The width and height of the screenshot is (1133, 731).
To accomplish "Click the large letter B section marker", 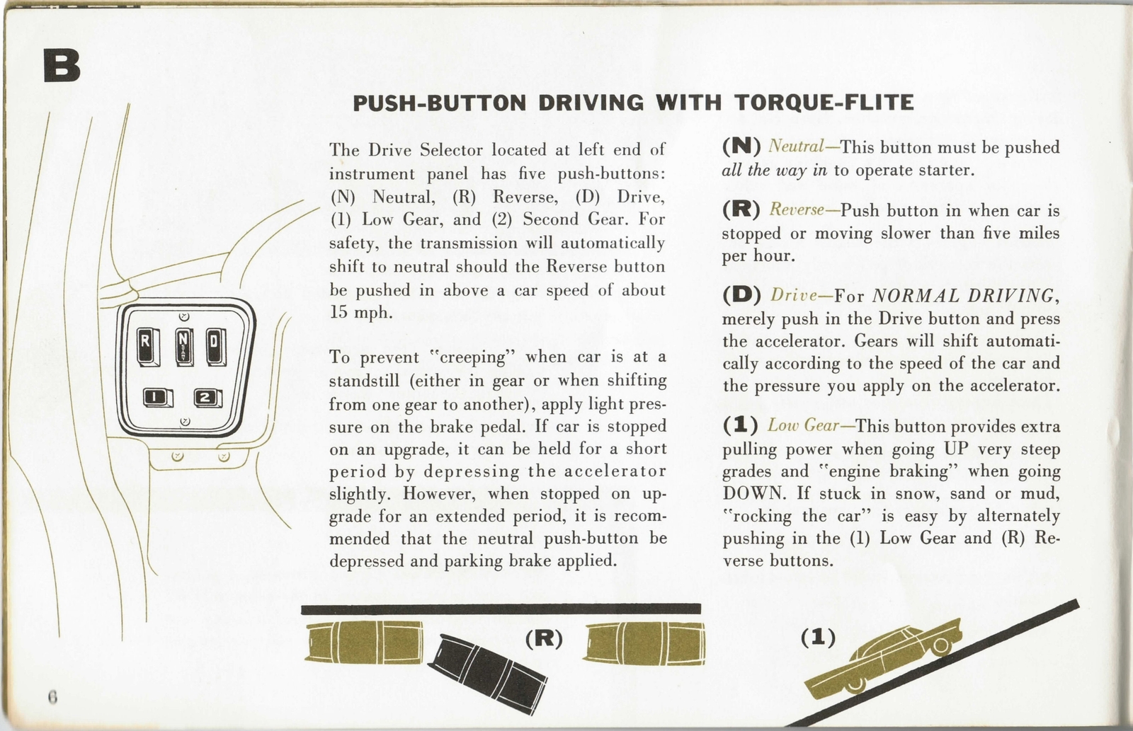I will tap(62, 65).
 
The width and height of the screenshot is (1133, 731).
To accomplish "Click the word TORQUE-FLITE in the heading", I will tap(824, 103).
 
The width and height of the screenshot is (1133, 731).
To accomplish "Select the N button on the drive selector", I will tap(183, 346).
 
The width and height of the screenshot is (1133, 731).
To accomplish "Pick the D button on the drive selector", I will tap(215, 347).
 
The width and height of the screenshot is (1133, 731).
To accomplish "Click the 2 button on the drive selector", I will tap(207, 398).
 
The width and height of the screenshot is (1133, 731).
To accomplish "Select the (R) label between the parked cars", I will tap(543, 638).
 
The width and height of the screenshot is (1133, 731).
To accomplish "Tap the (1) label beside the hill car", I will tap(817, 637).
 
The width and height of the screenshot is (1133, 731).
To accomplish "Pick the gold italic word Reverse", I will tap(797, 210).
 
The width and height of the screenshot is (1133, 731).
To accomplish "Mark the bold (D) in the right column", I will tap(741, 294).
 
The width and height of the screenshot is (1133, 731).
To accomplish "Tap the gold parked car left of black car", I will tap(366, 642).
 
